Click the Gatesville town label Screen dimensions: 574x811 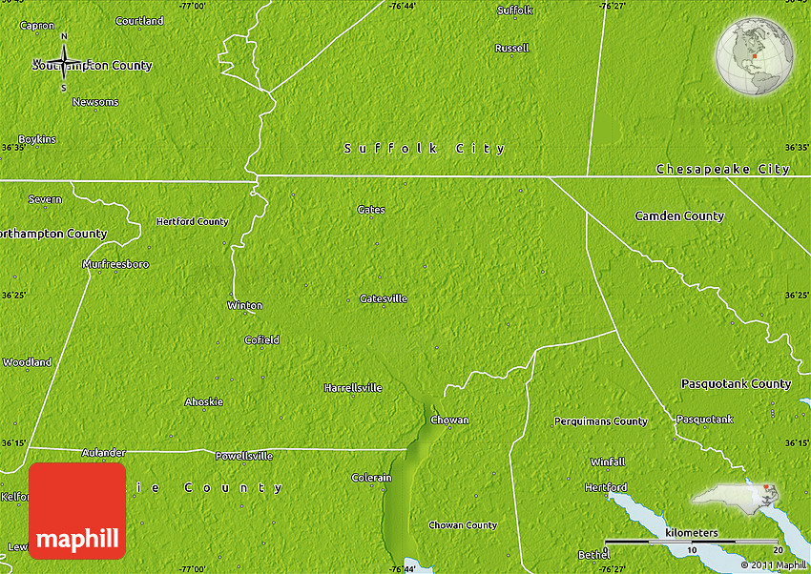384,298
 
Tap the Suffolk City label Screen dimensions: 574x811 425,149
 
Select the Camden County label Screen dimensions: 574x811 679,216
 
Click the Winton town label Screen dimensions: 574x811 244,305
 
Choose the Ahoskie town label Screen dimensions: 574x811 203,401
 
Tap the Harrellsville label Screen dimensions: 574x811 353,388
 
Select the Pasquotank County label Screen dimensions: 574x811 736,384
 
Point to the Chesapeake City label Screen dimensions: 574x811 723,169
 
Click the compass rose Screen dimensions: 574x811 64,63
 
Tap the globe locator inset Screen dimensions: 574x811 755,56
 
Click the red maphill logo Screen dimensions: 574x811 77,510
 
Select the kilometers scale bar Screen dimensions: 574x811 694,541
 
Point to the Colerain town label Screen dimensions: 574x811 372,477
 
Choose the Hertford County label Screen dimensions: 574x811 192,222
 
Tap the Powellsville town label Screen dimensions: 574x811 243,456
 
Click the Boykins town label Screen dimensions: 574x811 37,139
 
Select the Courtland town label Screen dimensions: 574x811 138,20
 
